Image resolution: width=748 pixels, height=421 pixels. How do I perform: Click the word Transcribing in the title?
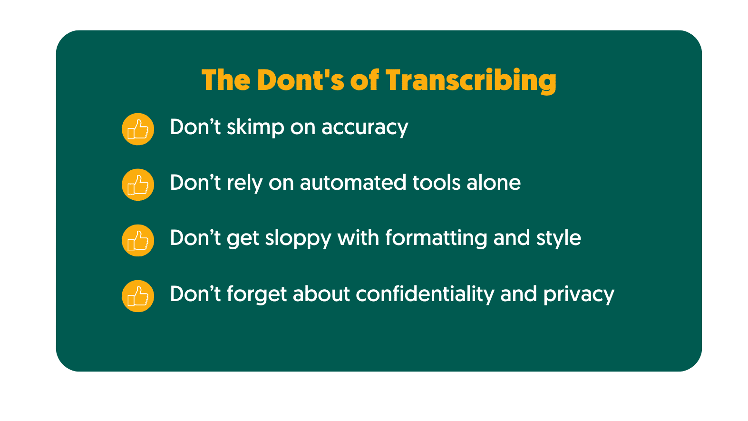click(x=471, y=80)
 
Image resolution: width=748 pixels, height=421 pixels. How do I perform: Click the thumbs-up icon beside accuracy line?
click(x=138, y=129)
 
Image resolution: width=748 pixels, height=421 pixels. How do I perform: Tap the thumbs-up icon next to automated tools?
click(x=138, y=185)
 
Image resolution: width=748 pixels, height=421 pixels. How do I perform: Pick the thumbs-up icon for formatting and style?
click(x=138, y=240)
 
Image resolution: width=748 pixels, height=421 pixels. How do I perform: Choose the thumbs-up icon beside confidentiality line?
click(x=138, y=296)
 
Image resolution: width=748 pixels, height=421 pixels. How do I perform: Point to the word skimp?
click(x=255, y=127)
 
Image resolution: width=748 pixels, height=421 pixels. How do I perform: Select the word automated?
click(x=353, y=183)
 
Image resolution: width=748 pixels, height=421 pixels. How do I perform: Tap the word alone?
click(x=494, y=183)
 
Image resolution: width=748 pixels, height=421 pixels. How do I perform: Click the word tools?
click(x=437, y=183)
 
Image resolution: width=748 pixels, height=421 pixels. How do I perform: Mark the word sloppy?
click(x=298, y=239)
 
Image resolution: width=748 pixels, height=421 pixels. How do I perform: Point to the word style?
click(x=559, y=239)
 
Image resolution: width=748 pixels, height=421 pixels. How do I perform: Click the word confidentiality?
click(x=425, y=294)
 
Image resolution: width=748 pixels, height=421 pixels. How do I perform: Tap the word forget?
click(x=257, y=294)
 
